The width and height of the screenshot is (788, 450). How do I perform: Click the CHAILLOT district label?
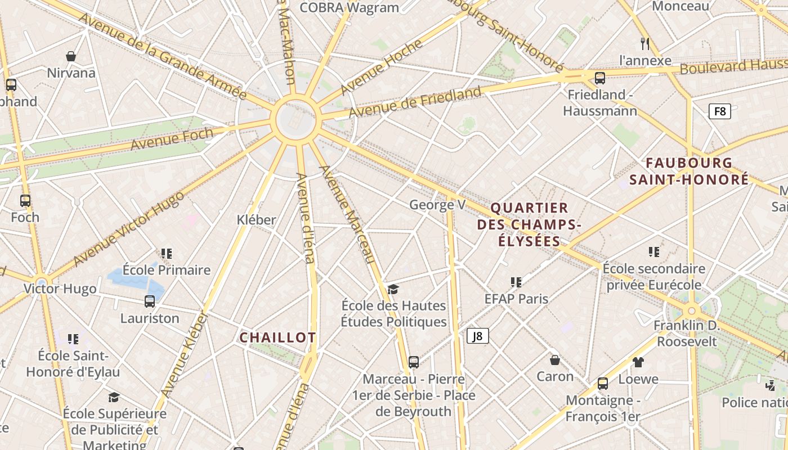277,337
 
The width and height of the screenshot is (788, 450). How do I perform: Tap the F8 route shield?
719,111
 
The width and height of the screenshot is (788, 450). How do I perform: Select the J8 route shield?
477,336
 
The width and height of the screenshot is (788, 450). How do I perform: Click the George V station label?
437,205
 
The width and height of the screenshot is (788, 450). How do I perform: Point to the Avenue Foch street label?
172,138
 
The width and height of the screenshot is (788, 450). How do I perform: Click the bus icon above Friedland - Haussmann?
600,78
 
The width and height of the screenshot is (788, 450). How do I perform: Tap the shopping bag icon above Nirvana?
71,56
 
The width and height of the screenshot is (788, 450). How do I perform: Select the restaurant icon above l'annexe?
645,43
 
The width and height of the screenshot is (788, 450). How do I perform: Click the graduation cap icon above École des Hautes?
393,290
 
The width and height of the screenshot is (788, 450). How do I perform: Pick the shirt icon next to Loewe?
638,362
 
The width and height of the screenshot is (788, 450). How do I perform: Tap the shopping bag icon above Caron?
555,360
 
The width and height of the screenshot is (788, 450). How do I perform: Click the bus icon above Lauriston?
150,301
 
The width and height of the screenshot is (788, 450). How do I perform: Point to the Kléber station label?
257,220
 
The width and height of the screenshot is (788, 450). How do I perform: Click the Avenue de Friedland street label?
415,102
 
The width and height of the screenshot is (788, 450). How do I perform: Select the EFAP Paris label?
516,299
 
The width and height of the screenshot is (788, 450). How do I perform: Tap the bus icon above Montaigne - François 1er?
603,384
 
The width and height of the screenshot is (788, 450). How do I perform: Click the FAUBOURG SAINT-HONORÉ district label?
689,172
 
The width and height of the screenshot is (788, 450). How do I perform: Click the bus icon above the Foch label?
25,201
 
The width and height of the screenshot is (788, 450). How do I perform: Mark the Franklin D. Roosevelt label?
687,334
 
